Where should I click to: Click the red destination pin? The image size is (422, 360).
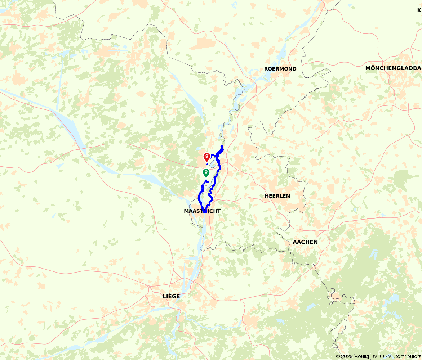207,157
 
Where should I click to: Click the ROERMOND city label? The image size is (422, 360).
280,69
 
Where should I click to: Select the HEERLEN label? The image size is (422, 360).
277,196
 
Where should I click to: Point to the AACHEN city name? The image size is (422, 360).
305,242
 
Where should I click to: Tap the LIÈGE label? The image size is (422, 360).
171,296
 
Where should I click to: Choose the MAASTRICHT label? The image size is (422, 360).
202,211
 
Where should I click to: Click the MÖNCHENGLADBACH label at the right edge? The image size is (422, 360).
393,68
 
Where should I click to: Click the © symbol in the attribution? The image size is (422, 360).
338,356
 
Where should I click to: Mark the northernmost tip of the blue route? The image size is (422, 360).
222,145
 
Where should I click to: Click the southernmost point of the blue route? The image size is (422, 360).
204,212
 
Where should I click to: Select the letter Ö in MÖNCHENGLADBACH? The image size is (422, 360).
372,68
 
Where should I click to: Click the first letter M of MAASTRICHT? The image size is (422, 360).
186,211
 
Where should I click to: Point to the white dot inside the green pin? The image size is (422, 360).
206,172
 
